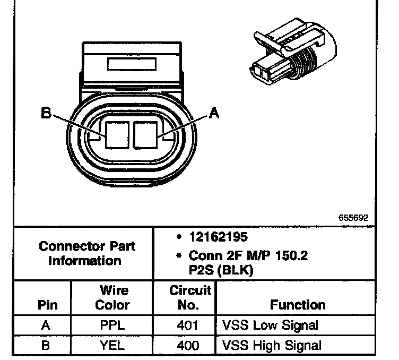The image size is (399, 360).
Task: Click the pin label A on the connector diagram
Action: tap(214, 113)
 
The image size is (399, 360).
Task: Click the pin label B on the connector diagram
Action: tap(47, 113)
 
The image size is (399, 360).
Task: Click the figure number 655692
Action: tap(353, 218)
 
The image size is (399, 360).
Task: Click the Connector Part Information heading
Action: tap(88, 253)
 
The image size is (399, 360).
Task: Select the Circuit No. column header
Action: tap(190, 297)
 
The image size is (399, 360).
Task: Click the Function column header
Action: tap(298, 305)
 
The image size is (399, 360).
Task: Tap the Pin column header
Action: tap(45, 305)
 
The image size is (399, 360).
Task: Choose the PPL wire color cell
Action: tap(112, 325)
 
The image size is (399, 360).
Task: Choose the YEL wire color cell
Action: tap(112, 345)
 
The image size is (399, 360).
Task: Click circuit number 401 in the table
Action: tap(188, 325)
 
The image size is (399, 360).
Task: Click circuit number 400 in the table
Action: tap(188, 345)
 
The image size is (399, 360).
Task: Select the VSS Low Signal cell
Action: tap(267, 325)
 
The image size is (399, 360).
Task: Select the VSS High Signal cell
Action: tap(268, 345)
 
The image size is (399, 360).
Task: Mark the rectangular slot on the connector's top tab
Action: tap(132, 65)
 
